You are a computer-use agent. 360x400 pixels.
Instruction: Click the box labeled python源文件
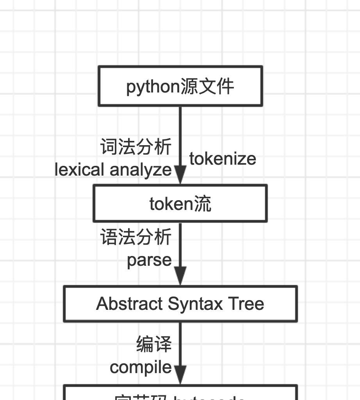pyautogui.click(x=180, y=86)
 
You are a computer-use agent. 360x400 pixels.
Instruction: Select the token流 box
pyautogui.click(x=180, y=203)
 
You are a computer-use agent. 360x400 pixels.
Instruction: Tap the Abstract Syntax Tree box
pyautogui.click(x=180, y=304)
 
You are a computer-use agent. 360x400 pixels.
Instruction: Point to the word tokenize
pyautogui.click(x=223, y=159)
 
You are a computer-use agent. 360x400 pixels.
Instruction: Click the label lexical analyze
pyautogui.click(x=113, y=170)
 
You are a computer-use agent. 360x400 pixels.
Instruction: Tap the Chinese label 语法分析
pyautogui.click(x=136, y=237)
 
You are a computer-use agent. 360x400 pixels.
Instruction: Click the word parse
pyautogui.click(x=149, y=260)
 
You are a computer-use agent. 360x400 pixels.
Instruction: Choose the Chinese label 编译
pyautogui.click(x=154, y=345)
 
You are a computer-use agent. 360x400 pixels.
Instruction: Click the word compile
pyautogui.click(x=141, y=367)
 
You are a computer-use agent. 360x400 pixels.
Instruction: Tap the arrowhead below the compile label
pyautogui.click(x=180, y=375)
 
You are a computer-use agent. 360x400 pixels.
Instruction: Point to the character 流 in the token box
pyautogui.click(x=203, y=204)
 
